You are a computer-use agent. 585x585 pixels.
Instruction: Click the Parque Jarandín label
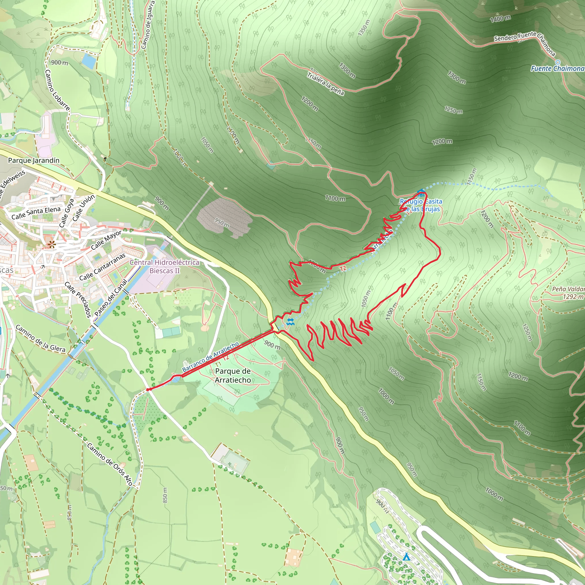tap(34, 161)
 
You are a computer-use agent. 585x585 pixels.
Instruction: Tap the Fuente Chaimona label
tap(557, 69)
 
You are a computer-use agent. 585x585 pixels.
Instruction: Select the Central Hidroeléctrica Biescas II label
tap(165, 267)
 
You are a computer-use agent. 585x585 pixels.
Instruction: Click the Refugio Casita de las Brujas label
tap(421, 205)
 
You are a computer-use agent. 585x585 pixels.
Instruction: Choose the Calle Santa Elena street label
tap(36, 213)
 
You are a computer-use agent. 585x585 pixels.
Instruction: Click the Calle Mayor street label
tap(106, 240)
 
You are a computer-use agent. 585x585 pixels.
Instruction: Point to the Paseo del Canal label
tap(111, 298)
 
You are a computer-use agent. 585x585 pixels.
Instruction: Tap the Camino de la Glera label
tap(40, 338)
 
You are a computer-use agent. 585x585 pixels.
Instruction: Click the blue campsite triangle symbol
tap(406, 557)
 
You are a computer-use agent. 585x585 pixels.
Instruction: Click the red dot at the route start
tap(148, 389)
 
